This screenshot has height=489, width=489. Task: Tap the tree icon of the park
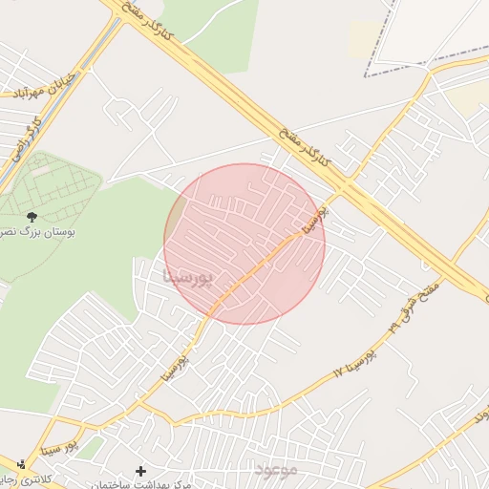pyautogui.click(x=32, y=217)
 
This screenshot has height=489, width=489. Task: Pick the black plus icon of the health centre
pyautogui.click(x=141, y=471)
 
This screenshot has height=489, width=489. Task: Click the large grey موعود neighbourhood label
pyautogui.click(x=277, y=470)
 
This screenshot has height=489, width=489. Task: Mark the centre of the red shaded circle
pyautogui.click(x=244, y=244)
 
